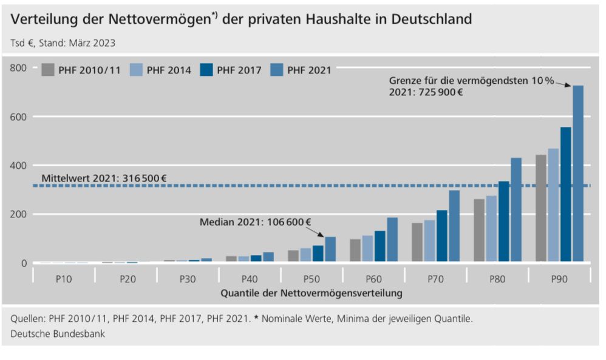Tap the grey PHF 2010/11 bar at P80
(479, 230)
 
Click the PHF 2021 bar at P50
(330, 250)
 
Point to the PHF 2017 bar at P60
(380, 246)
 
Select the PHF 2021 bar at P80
(516, 210)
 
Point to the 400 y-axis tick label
(19, 165)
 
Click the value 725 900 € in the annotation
(438, 93)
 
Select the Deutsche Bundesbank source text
(57, 333)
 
